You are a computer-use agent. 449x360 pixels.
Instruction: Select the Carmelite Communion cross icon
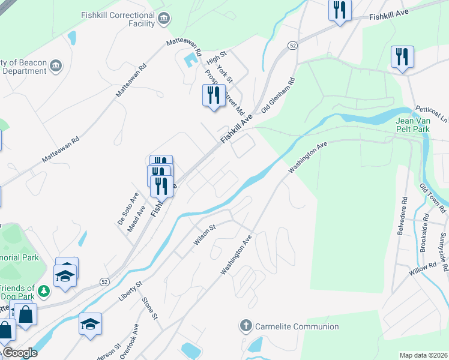pos(246,326)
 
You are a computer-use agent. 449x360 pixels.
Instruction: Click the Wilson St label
pos(204,235)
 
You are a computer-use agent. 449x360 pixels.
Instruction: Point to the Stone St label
pos(149,308)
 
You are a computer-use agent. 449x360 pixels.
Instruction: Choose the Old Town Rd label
pos(433,199)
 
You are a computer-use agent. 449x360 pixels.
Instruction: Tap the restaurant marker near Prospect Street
pos(213,95)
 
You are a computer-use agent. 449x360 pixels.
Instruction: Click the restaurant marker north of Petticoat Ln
pos(401,58)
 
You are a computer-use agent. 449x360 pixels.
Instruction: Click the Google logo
pos(19,353)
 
